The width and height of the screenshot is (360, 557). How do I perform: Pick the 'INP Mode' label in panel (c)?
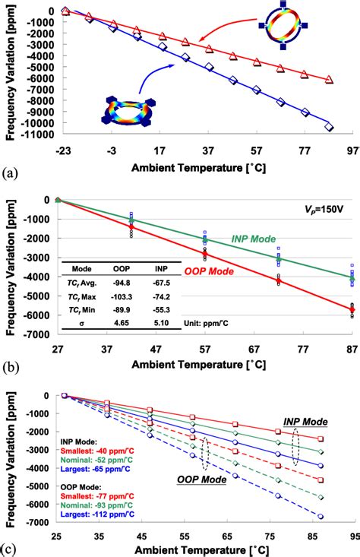(305, 419)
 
